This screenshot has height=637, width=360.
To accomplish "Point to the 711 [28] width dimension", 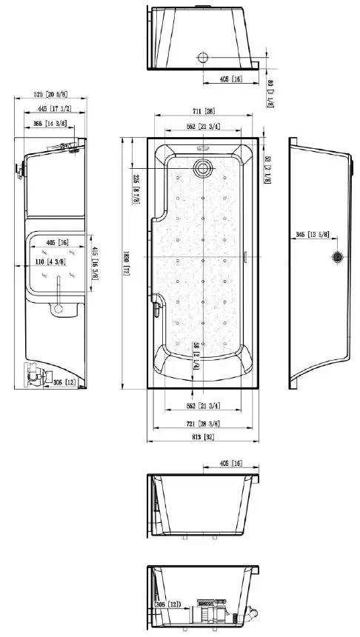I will pyautogui.click(x=201, y=111).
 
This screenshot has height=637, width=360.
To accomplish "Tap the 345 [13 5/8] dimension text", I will pyautogui.click(x=310, y=235).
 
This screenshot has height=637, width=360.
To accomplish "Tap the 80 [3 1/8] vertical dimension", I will pyautogui.click(x=270, y=95).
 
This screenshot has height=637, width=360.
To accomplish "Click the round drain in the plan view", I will pyautogui.click(x=202, y=167).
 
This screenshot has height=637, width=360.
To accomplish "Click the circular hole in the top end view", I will pyautogui.click(x=202, y=58).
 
